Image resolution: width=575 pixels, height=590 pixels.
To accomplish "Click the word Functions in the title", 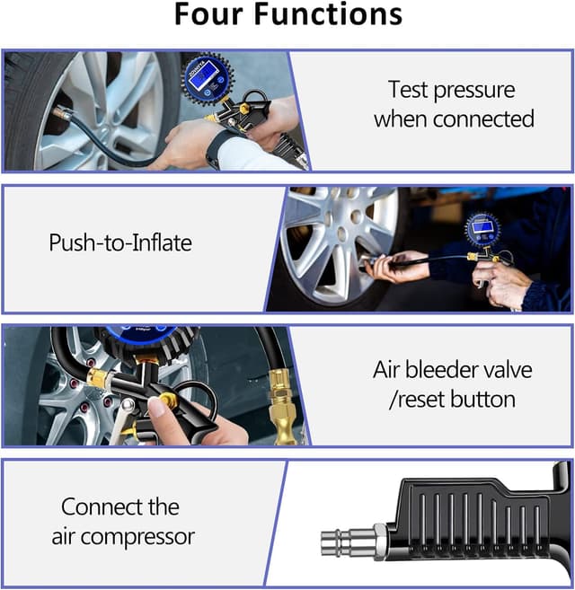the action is [328, 14].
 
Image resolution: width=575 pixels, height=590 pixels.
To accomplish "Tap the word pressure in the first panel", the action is [474, 91].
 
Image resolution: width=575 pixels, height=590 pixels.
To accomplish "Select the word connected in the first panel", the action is [483, 119].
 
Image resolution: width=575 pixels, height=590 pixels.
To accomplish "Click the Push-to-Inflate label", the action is [120, 242].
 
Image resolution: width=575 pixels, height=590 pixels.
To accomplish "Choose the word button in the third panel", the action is [482, 399].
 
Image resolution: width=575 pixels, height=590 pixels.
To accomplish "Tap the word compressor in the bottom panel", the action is [137, 537].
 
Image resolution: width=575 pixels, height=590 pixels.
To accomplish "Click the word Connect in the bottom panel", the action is [102, 506].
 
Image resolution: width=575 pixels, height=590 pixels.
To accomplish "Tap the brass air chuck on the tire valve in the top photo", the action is [62, 113].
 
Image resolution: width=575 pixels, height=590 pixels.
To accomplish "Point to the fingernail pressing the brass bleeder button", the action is [155, 407].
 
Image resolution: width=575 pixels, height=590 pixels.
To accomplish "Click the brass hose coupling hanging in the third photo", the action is [280, 407].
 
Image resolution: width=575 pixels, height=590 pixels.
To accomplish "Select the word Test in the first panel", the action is [409, 90].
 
